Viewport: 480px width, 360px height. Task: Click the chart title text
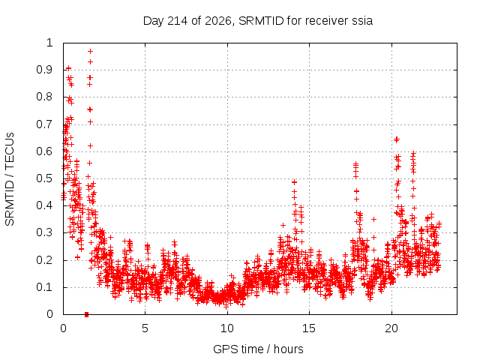pos(258,21)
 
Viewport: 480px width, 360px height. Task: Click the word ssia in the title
pos(362,21)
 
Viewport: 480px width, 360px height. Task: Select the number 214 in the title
pos(178,21)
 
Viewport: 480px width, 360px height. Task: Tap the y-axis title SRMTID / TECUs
pos(10,179)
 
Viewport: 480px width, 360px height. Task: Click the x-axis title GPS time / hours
pos(258,349)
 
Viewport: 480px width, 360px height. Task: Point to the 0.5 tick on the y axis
pos(45,178)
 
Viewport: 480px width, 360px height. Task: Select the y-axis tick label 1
pos(49,43)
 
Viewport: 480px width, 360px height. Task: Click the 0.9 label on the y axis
pos(45,70)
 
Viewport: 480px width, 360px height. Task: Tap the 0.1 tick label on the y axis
pos(45,287)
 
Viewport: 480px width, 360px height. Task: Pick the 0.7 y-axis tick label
pos(45,124)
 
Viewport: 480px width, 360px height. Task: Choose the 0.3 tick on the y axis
pos(45,232)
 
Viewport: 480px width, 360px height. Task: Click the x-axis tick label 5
pos(145,328)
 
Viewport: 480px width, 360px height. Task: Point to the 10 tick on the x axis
pos(227,328)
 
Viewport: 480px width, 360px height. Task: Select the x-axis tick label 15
pos(309,328)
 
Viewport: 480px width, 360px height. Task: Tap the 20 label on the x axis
pos(391,328)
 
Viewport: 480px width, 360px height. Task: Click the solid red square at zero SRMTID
pos(87,314)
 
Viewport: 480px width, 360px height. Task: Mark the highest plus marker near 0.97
pos(90,52)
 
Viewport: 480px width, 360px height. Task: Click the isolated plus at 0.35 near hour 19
pos(373,219)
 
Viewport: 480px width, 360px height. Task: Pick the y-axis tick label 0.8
pos(45,97)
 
